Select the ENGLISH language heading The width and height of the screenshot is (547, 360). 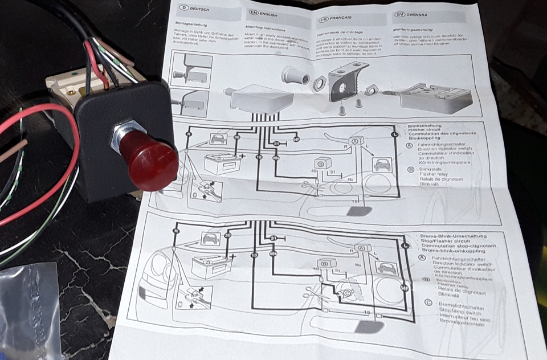tap(265, 13)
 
